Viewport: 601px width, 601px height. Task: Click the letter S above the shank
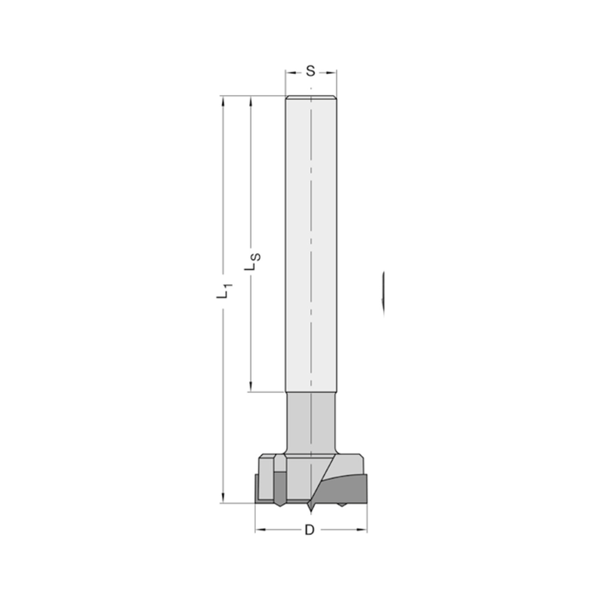310,71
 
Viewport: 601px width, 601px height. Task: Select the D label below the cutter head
310,530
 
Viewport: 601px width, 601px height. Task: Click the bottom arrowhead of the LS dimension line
251,387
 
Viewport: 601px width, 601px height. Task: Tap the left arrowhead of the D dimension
260,530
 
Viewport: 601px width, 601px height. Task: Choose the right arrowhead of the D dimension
362,530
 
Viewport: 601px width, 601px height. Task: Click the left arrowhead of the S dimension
289,72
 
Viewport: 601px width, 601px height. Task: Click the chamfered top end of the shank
311,98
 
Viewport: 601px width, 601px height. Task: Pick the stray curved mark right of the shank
383,291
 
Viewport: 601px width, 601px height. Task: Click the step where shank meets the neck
311,392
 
